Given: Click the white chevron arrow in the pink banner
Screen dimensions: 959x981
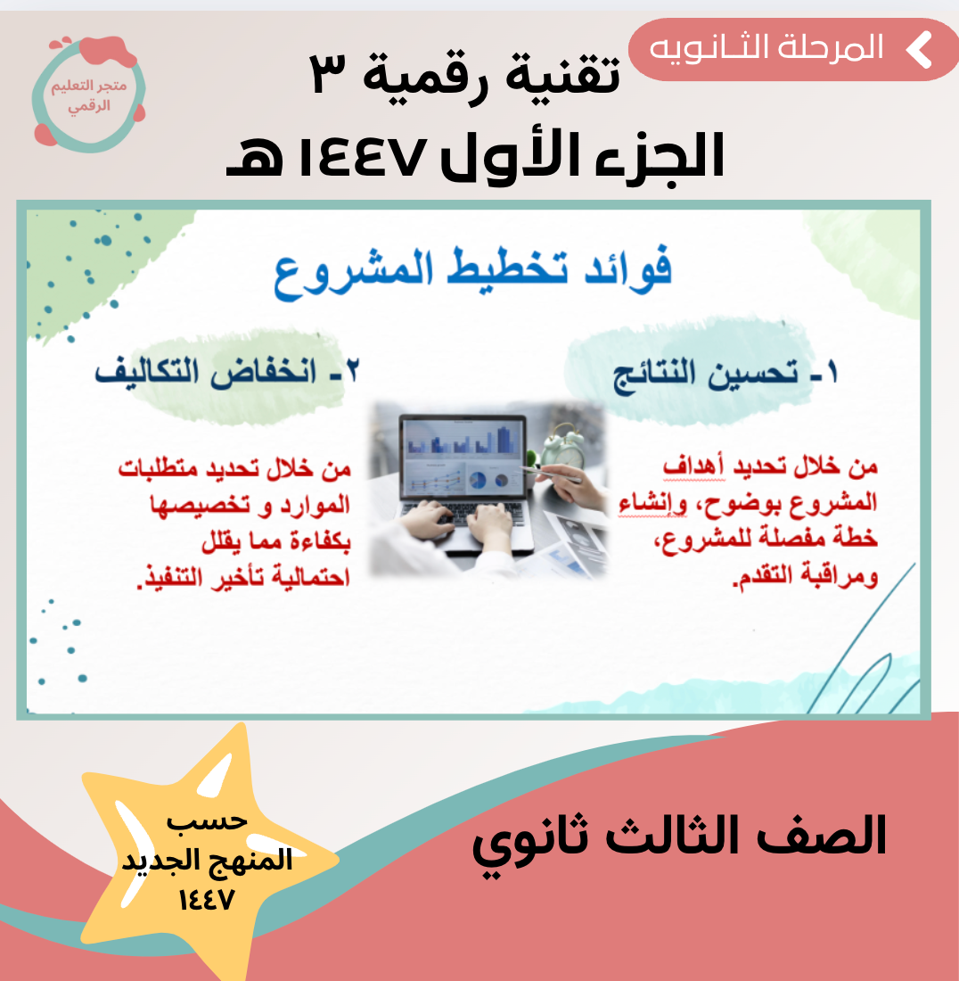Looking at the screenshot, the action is coord(919,49).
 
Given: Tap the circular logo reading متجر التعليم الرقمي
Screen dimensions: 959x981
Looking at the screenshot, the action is coord(89,94).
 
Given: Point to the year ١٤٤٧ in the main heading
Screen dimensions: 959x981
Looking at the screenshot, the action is coord(363,156).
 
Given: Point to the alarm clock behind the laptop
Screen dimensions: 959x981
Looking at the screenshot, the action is coord(562,443).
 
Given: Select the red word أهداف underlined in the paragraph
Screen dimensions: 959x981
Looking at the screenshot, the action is coord(694,466).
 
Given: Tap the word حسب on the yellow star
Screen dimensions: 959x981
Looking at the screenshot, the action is coord(207,820).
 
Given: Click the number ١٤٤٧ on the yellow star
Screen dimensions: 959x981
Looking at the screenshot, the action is coord(206,901).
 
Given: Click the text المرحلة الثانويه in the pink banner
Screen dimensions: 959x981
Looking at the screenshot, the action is coord(766,49).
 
